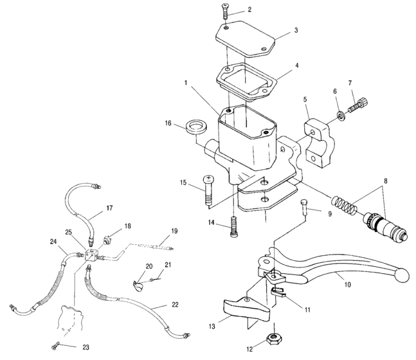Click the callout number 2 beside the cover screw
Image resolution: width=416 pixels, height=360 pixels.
click(249, 10)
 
